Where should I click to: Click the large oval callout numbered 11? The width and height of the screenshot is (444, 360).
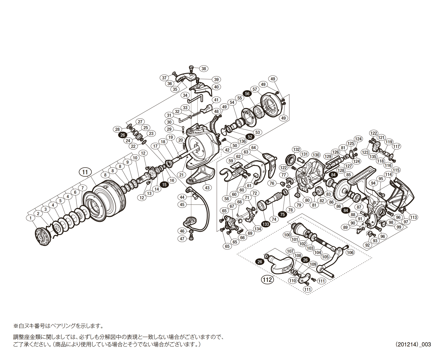click(85, 172)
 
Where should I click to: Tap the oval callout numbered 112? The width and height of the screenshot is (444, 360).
click(267, 280)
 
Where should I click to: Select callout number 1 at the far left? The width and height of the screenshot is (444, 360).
click(30, 218)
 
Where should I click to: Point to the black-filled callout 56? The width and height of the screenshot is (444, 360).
click(247, 94)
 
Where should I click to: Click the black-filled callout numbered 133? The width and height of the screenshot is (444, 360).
click(266, 224)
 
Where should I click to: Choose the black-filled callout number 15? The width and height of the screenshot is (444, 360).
click(164, 184)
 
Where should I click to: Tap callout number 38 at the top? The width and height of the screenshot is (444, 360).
click(204, 69)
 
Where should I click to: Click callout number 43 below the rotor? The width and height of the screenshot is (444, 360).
click(207, 188)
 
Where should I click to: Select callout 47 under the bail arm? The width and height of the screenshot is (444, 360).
click(182, 239)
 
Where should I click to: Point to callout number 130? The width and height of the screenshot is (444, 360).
click(316, 155)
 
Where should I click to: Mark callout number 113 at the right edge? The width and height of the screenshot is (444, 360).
click(414, 217)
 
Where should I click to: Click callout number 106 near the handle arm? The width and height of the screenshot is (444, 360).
click(350, 252)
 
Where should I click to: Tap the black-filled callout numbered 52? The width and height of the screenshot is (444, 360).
click(250, 137)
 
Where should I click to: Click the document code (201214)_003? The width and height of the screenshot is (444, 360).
click(413, 344)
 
